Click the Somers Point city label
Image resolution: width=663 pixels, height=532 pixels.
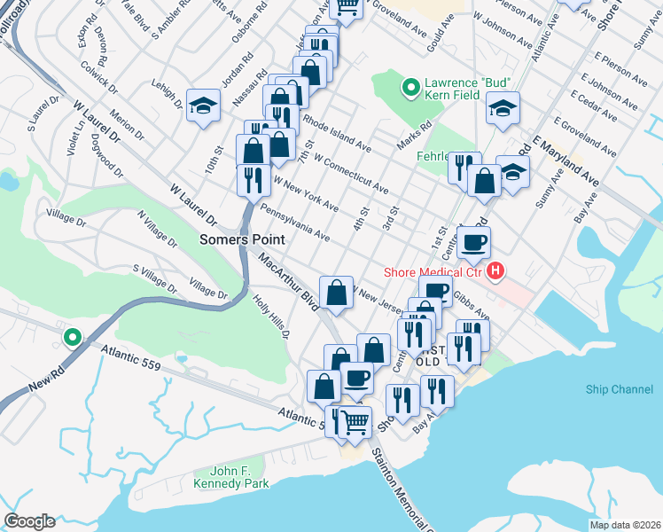(241, 239)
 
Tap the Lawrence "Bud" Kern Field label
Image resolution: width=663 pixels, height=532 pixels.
(470, 86)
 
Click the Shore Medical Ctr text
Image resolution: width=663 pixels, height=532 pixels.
(432, 272)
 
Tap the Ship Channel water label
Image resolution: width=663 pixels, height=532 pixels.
(618, 389)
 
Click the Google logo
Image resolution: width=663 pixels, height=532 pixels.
(28, 521)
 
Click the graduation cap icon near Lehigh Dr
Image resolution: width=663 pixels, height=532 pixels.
(203, 106)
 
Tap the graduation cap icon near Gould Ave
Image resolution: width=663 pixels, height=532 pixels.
(503, 109)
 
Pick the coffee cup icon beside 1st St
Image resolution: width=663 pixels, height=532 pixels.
(473, 241)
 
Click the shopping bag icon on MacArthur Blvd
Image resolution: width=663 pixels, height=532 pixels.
(337, 291)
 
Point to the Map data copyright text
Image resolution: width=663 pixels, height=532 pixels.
(624, 525)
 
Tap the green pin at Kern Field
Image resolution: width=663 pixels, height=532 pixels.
(410, 87)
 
